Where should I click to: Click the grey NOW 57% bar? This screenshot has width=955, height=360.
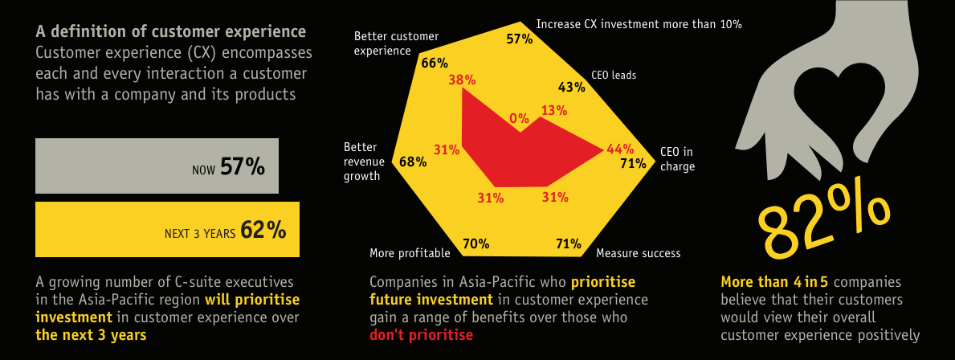157,166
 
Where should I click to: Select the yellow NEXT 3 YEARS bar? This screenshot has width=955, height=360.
168,229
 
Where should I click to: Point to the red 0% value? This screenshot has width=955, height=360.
520,119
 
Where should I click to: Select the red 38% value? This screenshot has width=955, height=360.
463,80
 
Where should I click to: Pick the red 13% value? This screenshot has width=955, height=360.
553,110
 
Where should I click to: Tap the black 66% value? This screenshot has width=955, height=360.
435,63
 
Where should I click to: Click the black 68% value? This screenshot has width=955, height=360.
413,162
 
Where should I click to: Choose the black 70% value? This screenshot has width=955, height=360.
475,243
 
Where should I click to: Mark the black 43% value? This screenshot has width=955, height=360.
572,87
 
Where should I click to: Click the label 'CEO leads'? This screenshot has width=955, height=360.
614,76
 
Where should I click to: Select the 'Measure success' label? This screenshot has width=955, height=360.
638,253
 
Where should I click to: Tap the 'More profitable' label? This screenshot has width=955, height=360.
410,253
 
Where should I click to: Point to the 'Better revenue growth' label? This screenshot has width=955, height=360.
361,162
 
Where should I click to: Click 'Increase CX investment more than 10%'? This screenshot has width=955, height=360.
639,24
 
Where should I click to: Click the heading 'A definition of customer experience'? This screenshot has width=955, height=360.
171,31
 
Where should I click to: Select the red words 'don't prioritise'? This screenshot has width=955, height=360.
421,334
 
